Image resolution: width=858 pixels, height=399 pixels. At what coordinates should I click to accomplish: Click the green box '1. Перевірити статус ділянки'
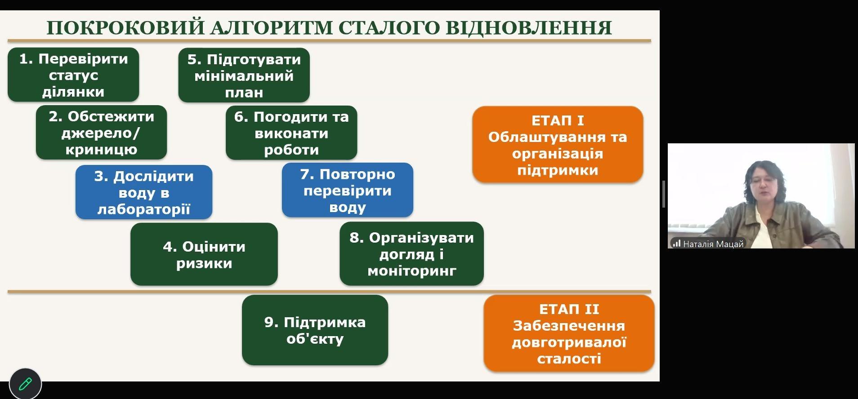pos(73,75)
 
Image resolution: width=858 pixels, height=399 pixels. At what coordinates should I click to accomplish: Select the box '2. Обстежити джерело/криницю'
pos(101,133)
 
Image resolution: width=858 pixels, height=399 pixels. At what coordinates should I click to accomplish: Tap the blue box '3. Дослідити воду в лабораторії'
pos(144,192)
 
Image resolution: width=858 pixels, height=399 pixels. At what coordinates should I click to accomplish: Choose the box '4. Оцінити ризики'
pos(204,254)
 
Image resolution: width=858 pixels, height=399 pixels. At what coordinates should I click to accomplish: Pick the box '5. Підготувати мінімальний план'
pos(244,75)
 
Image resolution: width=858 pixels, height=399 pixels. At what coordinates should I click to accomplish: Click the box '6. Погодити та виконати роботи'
pos(291,133)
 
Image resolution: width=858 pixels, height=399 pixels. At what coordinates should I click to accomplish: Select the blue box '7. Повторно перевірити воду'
pos(348,190)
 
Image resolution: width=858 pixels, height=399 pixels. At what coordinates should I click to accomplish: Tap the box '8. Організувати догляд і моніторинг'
pos(411,254)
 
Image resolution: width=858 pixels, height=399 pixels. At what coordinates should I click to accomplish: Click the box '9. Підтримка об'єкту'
pos(315,330)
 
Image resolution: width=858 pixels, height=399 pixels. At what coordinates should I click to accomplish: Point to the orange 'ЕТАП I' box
pos(558,145)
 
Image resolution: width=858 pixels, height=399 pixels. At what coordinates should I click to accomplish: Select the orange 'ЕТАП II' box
pos(569,333)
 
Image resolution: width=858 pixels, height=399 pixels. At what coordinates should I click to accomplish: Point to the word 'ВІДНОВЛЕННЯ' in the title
pos(528,27)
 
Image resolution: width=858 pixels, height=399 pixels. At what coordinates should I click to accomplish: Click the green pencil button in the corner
pos(25,384)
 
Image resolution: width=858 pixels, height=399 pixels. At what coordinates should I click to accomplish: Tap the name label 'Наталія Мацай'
pos(713,244)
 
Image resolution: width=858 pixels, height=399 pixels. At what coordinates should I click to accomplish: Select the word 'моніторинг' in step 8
pos(411,271)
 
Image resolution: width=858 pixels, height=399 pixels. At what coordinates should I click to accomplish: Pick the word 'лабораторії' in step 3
pos(144,209)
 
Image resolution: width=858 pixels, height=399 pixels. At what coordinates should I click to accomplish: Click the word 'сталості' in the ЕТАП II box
pos(569,359)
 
